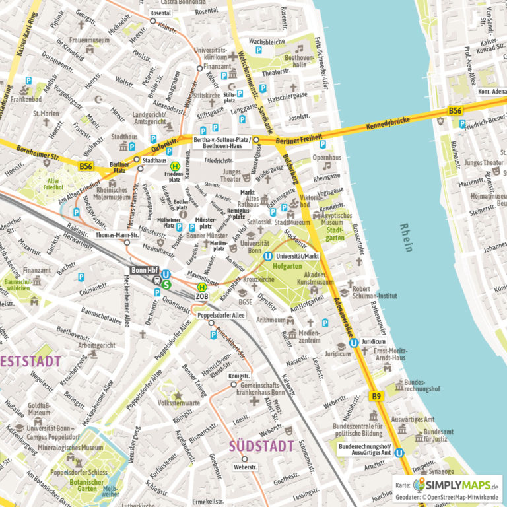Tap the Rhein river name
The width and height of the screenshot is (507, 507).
tap(406, 238)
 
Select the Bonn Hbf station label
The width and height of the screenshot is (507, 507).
tap(143, 269)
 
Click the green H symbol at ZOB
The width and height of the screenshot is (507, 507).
tap(202, 287)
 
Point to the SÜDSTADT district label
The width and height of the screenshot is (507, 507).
tap(261, 446)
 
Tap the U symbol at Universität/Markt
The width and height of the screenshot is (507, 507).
tap(268, 257)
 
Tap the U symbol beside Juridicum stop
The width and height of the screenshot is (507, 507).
tap(354, 343)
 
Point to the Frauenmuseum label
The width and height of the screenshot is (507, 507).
tap(88, 40)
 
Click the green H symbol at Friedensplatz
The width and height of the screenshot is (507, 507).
tap(175, 167)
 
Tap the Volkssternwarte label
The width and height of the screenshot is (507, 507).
tap(179, 403)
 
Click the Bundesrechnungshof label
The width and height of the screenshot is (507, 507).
tap(422, 386)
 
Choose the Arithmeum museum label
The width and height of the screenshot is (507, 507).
tap(271, 320)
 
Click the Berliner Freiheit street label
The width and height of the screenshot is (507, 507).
tap(299, 141)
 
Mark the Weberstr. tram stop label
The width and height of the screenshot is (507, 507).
tap(244, 467)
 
